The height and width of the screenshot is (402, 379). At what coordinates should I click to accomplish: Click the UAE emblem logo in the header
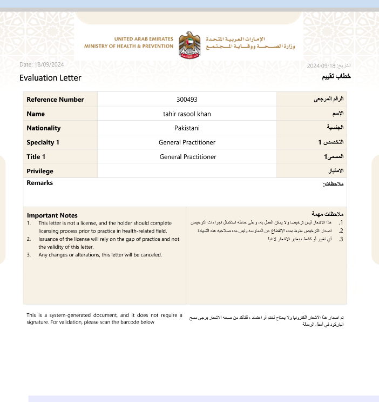(x=189, y=44)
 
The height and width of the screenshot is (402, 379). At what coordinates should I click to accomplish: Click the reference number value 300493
(x=187, y=100)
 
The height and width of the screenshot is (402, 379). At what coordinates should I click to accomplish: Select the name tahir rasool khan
(x=187, y=114)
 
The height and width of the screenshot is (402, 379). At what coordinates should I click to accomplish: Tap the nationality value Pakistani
(x=187, y=128)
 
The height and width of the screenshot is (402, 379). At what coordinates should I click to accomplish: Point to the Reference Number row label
(x=55, y=100)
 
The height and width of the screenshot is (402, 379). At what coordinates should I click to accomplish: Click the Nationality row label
(x=44, y=128)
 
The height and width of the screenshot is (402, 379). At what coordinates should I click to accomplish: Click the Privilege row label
(x=40, y=171)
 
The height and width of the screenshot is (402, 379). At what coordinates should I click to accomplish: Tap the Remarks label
(x=40, y=183)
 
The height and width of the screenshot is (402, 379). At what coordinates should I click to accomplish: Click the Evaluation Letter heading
(x=50, y=78)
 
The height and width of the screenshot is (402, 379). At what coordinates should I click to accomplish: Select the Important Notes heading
(x=52, y=215)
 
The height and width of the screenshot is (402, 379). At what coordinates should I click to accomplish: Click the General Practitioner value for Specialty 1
(x=187, y=142)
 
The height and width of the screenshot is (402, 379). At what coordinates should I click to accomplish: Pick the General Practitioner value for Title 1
(x=187, y=157)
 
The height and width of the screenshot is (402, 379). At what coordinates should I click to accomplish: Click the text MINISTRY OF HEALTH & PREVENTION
(x=128, y=47)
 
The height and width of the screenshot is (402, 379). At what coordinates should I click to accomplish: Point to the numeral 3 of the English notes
(x=29, y=255)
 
